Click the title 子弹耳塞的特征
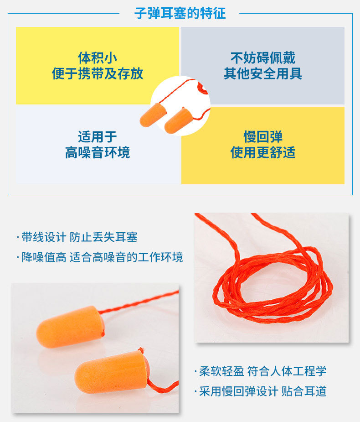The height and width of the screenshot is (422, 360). (x=180, y=13)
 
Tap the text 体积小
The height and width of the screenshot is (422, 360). (x=98, y=58)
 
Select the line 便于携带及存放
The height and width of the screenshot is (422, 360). (x=98, y=73)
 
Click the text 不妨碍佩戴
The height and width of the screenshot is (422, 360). (x=263, y=58)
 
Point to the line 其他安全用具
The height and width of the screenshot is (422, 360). (x=263, y=73)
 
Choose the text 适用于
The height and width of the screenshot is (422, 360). (x=98, y=137)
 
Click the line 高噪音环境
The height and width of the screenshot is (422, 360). (x=98, y=152)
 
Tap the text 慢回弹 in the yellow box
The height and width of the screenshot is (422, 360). (x=263, y=137)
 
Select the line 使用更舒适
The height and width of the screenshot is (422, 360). (x=263, y=152)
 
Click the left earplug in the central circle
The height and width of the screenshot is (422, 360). (x=153, y=115)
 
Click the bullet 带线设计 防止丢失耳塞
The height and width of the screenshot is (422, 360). (x=77, y=237)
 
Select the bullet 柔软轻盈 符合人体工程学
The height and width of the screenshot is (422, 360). (x=261, y=371)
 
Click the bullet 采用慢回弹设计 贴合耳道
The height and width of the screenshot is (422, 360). (x=261, y=391)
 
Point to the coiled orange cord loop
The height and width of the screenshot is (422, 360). (x=273, y=283)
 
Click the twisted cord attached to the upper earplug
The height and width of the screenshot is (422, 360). (x=137, y=303)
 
